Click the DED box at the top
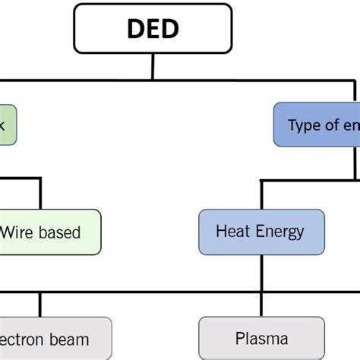(153, 29)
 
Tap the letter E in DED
(152, 30)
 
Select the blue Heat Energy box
(261, 232)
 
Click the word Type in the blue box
(304, 125)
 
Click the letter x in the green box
(2, 125)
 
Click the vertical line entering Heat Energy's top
(261, 195)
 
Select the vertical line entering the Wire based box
(40, 195)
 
